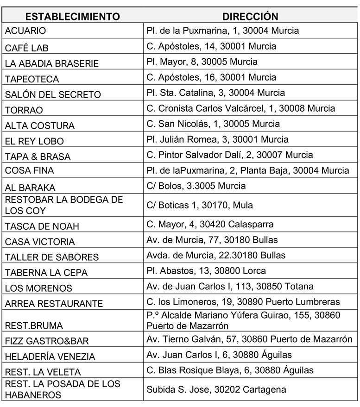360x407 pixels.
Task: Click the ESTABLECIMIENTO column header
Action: [72, 17]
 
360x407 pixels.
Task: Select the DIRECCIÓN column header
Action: [250, 17]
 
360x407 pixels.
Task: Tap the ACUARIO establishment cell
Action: [25, 31]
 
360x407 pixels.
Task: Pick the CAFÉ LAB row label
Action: [26, 48]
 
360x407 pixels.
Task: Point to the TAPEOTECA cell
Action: [32, 79]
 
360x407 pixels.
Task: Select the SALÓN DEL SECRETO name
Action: [53, 94]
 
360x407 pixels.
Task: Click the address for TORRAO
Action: [240, 108]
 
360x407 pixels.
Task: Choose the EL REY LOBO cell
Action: [34, 141]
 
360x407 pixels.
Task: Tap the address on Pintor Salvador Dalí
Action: [229, 155]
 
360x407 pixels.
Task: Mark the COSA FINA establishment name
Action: [29, 170]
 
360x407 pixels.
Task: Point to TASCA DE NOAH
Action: [42, 226]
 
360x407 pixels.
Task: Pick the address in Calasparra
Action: [210, 224]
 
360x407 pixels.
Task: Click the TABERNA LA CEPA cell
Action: [46, 272]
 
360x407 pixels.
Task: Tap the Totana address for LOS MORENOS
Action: [230, 286]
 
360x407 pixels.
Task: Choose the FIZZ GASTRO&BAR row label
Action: [47, 341]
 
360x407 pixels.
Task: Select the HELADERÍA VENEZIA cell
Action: [50, 357]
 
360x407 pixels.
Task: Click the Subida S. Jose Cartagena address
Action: [216, 389]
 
